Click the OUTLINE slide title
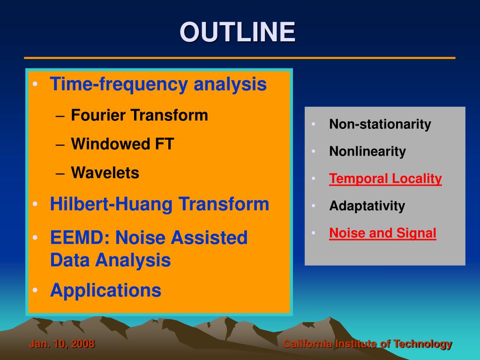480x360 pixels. coord(238,32)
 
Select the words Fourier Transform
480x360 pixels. coord(140,115)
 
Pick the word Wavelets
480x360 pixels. coord(105,172)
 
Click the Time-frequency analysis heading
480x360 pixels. coord(158,84)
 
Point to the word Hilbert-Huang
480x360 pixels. coord(111,204)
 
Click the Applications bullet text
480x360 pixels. coord(105,290)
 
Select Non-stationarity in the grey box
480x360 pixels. coord(380,124)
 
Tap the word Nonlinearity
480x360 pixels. coord(367,151)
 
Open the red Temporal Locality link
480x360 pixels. coord(385,179)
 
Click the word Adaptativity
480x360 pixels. coord(367,206)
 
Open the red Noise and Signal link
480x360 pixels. coord(382,233)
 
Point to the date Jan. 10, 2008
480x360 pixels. coord(62,344)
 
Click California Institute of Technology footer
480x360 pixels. coord(367,344)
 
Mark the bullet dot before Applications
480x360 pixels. coord(35,290)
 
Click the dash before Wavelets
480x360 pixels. coord(60,173)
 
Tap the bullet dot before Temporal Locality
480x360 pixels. coord(314,178)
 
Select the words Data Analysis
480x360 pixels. coord(111,260)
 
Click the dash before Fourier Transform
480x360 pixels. coord(60,116)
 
